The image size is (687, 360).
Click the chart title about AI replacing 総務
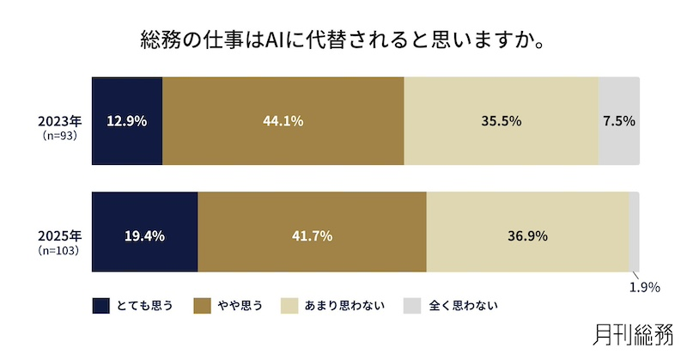[x=343, y=40]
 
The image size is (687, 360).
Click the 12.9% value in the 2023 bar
[x=126, y=121]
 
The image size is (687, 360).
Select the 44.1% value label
[x=283, y=121]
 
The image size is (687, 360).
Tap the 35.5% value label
[x=502, y=121]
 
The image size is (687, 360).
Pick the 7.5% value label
[x=619, y=121]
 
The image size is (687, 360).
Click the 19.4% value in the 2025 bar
[x=144, y=235]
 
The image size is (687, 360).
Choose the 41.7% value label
[x=313, y=235]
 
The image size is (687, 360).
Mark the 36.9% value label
[x=527, y=235]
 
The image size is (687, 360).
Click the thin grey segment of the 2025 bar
[x=634, y=232]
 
